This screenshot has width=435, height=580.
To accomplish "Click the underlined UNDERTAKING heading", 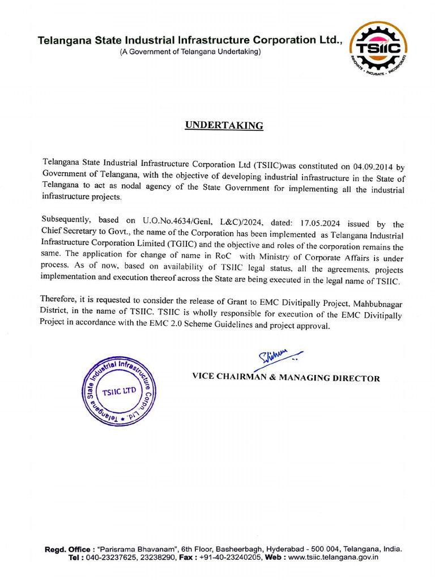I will (224, 126).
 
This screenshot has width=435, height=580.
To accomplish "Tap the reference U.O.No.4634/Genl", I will (180, 224).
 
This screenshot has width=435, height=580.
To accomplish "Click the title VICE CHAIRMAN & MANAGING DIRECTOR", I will (286, 378).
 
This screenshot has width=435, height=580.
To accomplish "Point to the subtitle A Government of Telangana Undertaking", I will (190, 52).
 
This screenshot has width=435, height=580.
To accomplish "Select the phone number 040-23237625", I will (112, 557).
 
